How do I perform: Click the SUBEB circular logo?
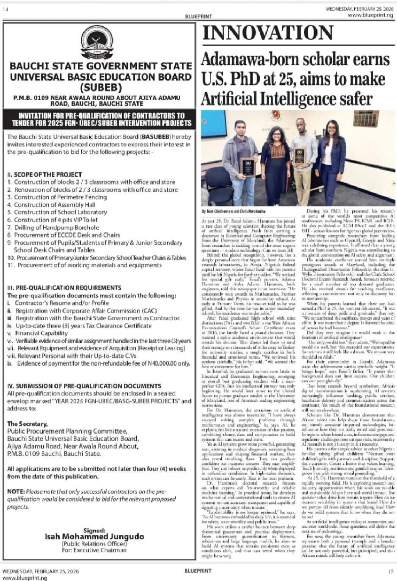(x=97, y=42)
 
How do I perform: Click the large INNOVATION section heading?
(x=268, y=33)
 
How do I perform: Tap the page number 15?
(x=390, y=571)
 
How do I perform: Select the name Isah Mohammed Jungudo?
(x=94, y=537)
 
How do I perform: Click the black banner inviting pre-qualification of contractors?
(x=99, y=120)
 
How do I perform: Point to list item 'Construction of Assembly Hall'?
(x=54, y=205)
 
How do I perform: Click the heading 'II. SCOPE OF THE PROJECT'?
(x=44, y=174)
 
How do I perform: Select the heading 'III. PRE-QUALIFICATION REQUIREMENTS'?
(x=64, y=288)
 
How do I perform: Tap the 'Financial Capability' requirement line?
(x=41, y=333)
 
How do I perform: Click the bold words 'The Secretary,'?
(x=28, y=424)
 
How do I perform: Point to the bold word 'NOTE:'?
(x=16, y=492)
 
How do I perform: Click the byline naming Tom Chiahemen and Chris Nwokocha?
(x=233, y=211)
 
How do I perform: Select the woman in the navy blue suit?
(x=332, y=158)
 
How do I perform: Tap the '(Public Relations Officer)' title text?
(x=94, y=544)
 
